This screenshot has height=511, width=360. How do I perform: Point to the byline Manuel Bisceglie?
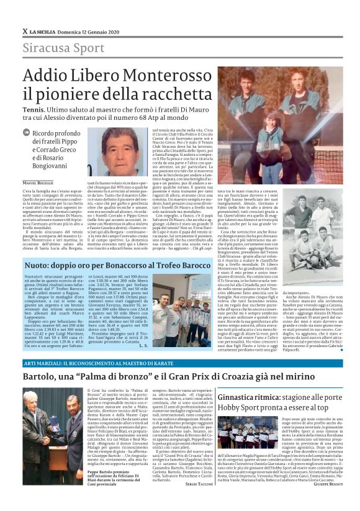(39, 182)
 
